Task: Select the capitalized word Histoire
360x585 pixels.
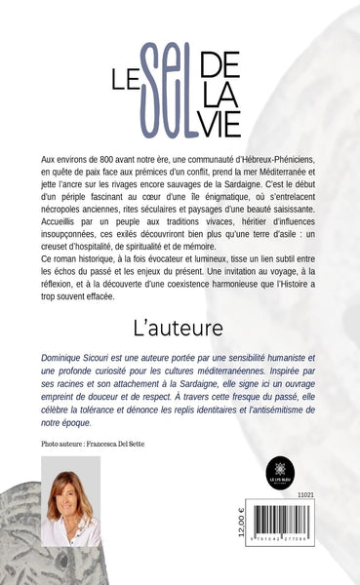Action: click(290, 288)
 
